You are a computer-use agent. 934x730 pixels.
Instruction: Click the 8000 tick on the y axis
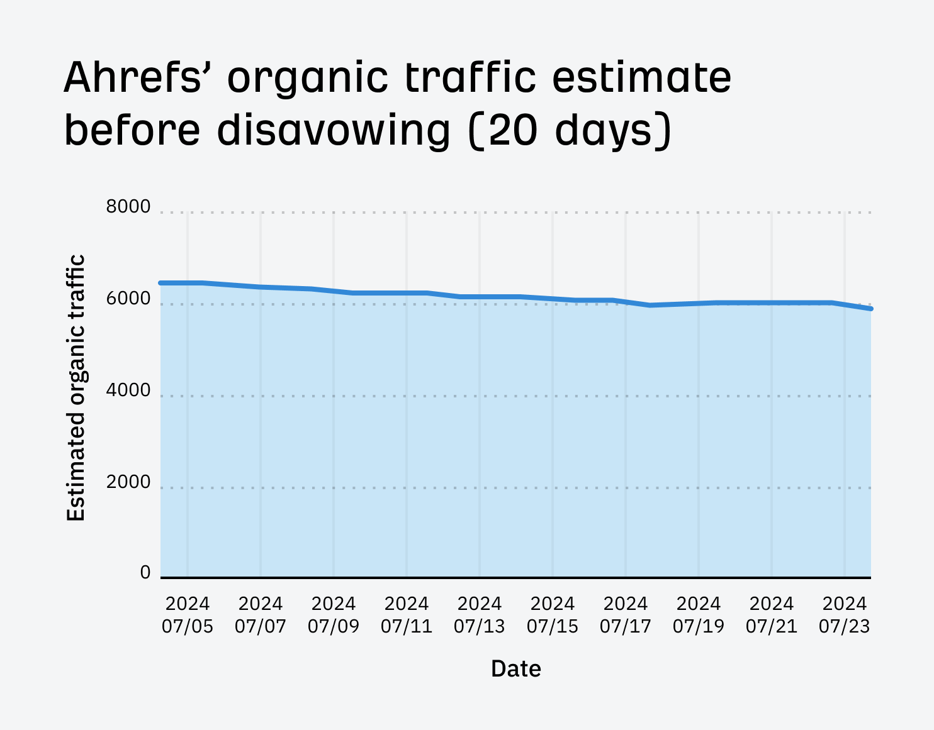coord(128,207)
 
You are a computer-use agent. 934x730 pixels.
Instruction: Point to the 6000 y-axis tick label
coord(128,299)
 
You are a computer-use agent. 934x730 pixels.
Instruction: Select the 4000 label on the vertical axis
coord(128,390)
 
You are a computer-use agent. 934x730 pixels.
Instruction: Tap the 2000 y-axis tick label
coord(128,482)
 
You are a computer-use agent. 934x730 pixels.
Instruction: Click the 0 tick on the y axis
coord(145,573)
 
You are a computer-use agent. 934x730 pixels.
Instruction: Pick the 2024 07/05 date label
coord(188,615)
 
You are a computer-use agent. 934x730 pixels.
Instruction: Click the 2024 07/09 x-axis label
coord(334,615)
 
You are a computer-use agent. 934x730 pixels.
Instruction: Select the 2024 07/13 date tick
coord(480,615)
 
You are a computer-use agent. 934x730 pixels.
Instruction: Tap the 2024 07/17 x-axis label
coord(626,615)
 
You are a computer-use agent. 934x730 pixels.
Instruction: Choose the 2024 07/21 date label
coord(772,615)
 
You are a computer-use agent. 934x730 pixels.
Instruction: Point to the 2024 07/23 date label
coord(845,615)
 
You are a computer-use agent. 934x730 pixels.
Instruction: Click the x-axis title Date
coord(516,668)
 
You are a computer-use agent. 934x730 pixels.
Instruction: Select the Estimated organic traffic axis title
coord(76,388)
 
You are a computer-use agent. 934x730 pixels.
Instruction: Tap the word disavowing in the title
coord(334,130)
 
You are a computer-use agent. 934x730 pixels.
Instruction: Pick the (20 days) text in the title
coord(570,130)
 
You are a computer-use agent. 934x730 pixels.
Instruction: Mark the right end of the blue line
coord(870,309)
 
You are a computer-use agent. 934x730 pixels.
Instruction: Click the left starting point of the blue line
coord(161,283)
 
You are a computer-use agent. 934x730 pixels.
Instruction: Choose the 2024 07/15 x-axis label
coord(553,615)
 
